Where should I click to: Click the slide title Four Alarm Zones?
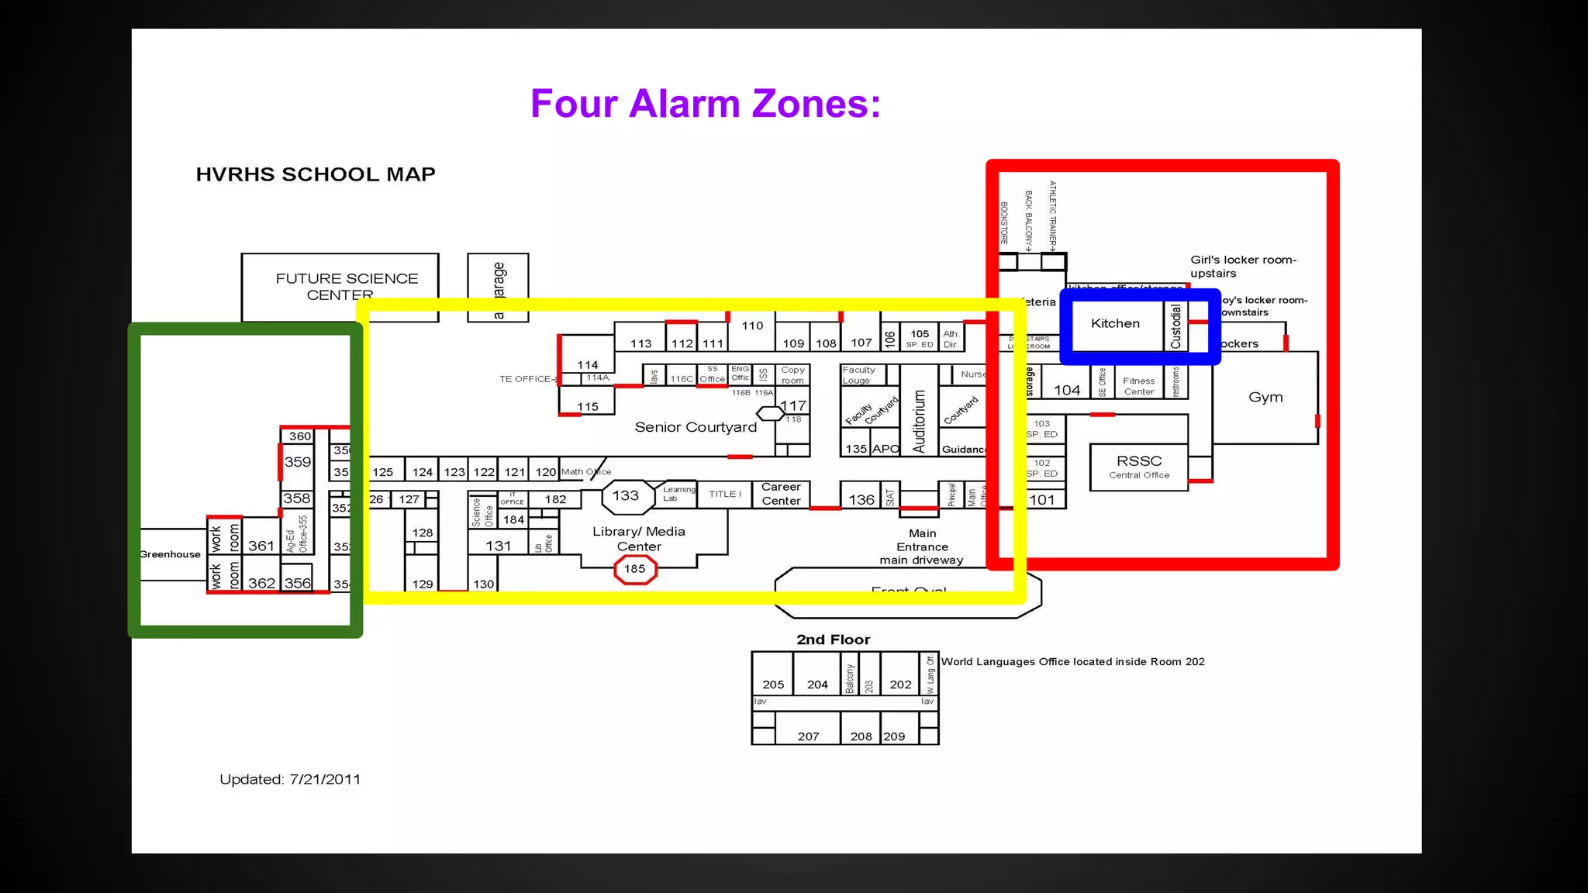click(706, 104)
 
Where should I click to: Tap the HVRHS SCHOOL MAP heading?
click(316, 174)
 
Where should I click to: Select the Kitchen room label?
click(1115, 324)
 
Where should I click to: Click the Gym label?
click(1265, 398)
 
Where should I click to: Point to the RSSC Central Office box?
click(1138, 467)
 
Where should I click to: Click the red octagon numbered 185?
click(635, 570)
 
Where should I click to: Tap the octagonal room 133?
click(626, 496)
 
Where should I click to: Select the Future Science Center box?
click(340, 286)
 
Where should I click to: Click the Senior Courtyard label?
click(696, 427)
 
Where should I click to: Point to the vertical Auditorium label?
click(919, 421)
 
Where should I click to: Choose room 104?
click(1067, 391)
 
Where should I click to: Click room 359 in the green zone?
click(298, 462)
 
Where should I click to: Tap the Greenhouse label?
click(170, 554)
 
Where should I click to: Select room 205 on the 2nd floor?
click(773, 684)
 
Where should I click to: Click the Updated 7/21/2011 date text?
click(290, 780)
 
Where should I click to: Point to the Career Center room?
click(781, 494)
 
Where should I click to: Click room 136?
click(861, 500)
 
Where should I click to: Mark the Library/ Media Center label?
click(639, 539)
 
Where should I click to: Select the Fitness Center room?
click(1138, 386)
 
